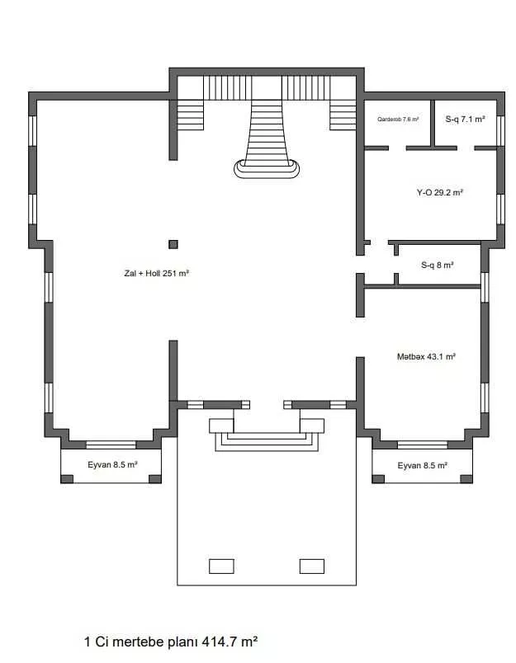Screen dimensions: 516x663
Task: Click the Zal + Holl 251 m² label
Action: pyautogui.click(x=156, y=273)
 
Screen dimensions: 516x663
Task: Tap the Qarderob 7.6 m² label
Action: pyautogui.click(x=398, y=120)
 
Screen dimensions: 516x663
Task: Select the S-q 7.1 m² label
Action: pyautogui.click(x=465, y=120)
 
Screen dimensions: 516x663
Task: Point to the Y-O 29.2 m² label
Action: pyautogui.click(x=440, y=192)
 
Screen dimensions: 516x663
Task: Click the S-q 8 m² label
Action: pyautogui.click(x=438, y=265)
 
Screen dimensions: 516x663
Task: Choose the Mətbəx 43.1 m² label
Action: pyautogui.click(x=426, y=356)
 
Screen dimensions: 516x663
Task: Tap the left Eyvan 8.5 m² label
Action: pyautogui.click(x=112, y=465)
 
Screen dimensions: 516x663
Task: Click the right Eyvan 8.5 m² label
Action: pyautogui.click(x=422, y=466)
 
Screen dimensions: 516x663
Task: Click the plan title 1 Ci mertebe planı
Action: pyautogui.click(x=141, y=642)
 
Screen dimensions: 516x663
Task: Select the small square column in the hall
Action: pyautogui.click(x=173, y=244)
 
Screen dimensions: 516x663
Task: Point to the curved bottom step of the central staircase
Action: pyautogui.click(x=267, y=171)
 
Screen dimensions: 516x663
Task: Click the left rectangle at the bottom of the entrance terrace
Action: pyautogui.click(x=221, y=567)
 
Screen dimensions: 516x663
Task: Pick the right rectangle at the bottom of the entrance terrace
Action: pyautogui.click(x=312, y=567)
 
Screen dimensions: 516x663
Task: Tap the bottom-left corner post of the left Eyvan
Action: pyautogui.click(x=67, y=478)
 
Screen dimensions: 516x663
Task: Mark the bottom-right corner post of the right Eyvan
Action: pyautogui.click(x=466, y=478)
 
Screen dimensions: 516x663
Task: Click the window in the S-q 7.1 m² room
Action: pyautogui.click(x=500, y=130)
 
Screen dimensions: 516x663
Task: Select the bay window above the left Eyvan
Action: pyautogui.click(x=111, y=444)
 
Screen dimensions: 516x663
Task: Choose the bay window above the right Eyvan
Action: pyautogui.click(x=423, y=444)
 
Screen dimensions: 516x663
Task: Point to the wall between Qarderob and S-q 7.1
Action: pyautogui.click(x=433, y=123)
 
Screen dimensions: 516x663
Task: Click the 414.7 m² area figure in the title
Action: pyautogui.click(x=230, y=642)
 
